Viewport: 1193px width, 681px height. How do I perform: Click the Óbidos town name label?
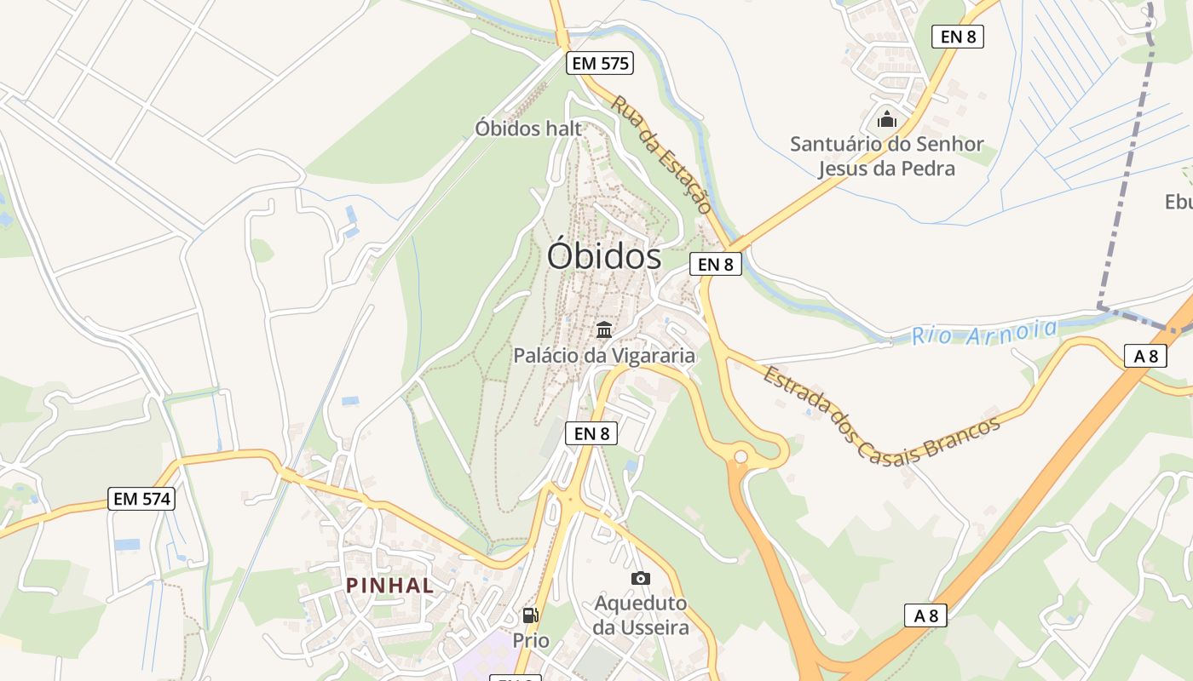(x=603, y=256)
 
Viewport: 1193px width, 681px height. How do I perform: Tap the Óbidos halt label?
(x=528, y=129)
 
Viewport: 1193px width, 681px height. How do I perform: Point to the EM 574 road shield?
(x=141, y=499)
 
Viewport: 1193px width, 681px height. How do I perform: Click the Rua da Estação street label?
(x=661, y=154)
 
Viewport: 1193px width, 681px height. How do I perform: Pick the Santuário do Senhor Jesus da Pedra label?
(x=886, y=156)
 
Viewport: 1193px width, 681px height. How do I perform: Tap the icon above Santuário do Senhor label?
(x=887, y=119)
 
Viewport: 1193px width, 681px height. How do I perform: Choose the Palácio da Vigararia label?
(x=604, y=355)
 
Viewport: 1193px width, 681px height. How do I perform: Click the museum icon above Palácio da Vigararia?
(x=604, y=329)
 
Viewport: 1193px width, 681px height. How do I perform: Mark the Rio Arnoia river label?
(x=984, y=332)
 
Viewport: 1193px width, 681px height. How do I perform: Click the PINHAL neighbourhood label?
(x=389, y=585)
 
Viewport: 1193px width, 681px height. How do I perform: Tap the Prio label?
(x=531, y=640)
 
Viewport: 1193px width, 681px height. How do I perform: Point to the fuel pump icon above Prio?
(x=530, y=615)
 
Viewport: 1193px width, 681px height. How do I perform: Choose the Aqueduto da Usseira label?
(x=641, y=615)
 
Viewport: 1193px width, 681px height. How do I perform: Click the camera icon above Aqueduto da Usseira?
(x=641, y=578)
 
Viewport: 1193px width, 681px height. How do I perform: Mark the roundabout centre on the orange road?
(x=741, y=457)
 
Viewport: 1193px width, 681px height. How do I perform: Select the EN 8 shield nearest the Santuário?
(x=958, y=37)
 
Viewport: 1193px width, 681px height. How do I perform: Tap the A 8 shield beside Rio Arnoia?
(x=1145, y=356)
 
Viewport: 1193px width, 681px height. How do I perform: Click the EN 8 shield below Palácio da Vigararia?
(x=591, y=433)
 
